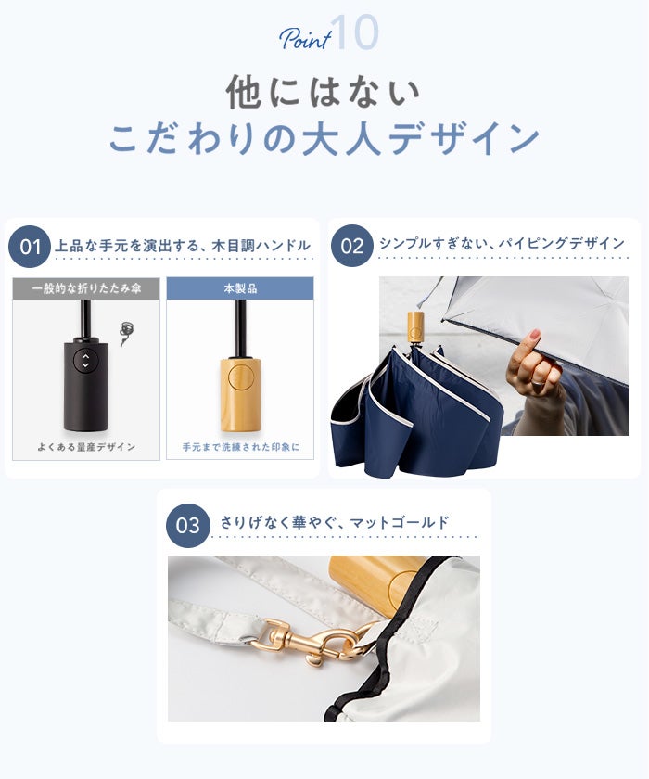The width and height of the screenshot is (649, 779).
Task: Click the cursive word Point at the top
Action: [305, 38]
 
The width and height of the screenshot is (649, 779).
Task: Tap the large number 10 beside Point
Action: [354, 32]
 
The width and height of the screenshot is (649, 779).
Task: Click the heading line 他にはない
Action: [324, 93]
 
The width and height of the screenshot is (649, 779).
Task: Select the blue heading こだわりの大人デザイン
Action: [324, 137]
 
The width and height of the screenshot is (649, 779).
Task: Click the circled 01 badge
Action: [30, 247]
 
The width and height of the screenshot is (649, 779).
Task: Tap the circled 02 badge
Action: [352, 246]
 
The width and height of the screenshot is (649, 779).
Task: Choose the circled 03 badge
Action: [187, 526]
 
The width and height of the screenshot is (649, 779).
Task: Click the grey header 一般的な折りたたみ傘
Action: [86, 288]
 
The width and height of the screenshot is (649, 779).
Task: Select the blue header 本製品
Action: [240, 288]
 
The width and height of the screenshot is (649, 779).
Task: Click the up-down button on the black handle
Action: [85, 360]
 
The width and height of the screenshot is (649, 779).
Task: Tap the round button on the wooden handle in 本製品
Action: [240, 377]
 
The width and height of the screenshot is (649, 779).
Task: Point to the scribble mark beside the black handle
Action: [126, 332]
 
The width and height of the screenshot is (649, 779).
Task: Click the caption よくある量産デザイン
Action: [86, 447]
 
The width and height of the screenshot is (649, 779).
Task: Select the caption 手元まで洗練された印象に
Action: [241, 447]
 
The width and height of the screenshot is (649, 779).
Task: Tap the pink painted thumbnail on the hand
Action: [534, 337]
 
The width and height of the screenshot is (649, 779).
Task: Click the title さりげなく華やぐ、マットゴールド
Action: [334, 523]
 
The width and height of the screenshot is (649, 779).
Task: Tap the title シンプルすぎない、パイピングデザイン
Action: [502, 243]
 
